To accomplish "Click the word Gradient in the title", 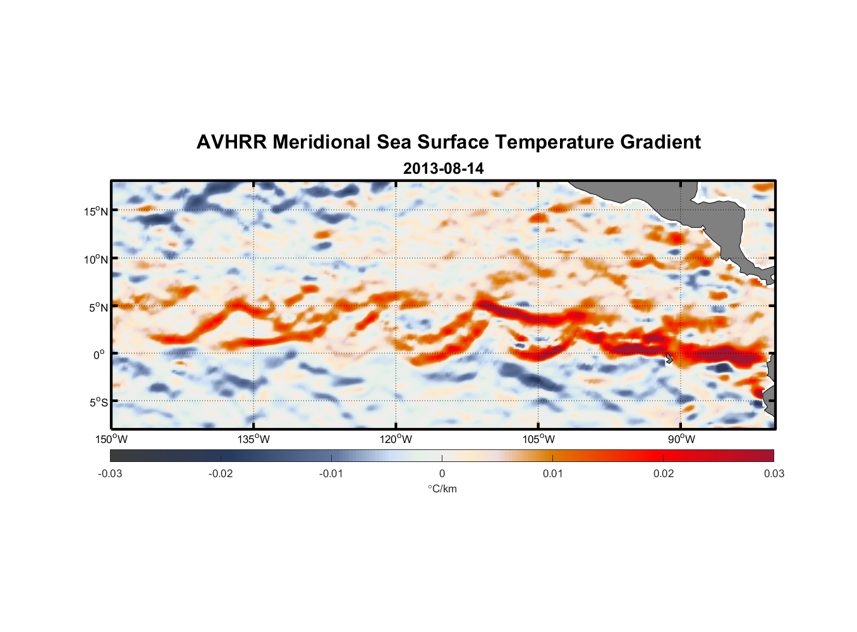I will point(660,142).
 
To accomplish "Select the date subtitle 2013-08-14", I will point(443,169).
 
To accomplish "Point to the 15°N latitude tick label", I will point(96,211).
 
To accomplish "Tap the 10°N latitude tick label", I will point(96,259).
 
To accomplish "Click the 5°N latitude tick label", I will point(99,307).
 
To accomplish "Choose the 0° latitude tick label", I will point(99,355).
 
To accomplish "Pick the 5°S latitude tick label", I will point(99,403).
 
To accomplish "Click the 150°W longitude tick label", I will point(111,439).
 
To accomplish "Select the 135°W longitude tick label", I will point(254,439).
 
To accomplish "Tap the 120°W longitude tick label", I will point(396,439).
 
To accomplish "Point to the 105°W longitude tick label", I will point(538,439).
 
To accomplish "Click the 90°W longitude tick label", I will point(681,439).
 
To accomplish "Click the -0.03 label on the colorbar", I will point(110,473).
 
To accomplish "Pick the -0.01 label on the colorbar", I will point(331,473).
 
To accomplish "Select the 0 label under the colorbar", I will point(442,473).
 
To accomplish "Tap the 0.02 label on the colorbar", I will point(664,473).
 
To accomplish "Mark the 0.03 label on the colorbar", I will point(774,473).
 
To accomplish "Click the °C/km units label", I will point(442,489).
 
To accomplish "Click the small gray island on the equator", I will point(669,358).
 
